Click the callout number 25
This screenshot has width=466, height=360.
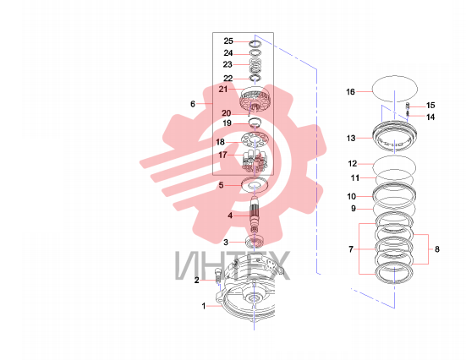click(228, 41)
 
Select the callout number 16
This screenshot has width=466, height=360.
click(350, 92)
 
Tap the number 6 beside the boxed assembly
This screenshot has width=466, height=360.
click(193, 104)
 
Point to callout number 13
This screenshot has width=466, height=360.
click(351, 138)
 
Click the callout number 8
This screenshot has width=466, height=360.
click(437, 249)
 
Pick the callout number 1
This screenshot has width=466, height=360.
click(204, 306)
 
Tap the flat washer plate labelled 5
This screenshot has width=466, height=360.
click(255, 185)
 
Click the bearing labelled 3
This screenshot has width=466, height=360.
click(255, 241)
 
